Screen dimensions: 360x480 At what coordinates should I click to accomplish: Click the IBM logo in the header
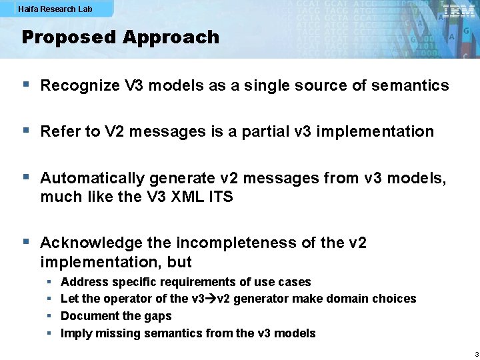click(x=459, y=11)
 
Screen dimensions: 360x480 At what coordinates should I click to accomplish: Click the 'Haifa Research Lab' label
click(x=55, y=9)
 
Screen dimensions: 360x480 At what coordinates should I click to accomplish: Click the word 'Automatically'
click(x=93, y=178)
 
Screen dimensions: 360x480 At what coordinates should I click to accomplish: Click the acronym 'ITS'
click(x=219, y=197)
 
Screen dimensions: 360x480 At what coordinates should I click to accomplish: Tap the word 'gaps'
click(x=157, y=316)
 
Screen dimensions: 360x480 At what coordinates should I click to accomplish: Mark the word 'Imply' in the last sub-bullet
click(x=75, y=333)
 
